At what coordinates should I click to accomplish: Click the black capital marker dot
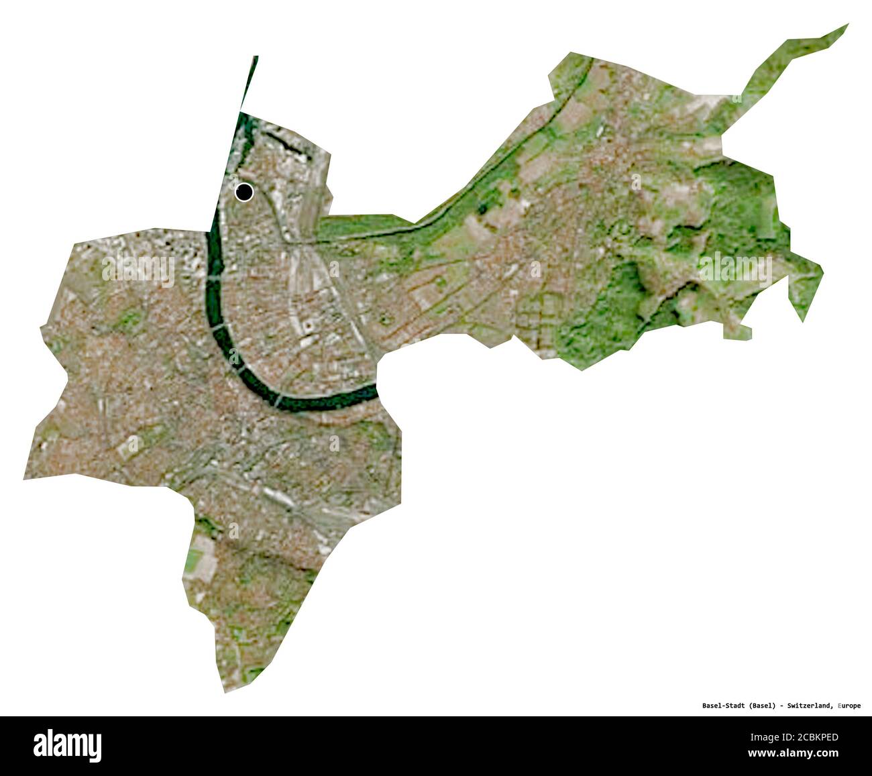(x=244, y=192)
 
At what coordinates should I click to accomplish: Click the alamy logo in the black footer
(x=67, y=745)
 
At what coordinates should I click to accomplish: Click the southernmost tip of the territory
(x=225, y=691)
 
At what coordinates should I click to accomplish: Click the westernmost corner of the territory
(x=25, y=479)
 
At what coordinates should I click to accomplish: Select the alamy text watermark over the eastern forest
(x=734, y=268)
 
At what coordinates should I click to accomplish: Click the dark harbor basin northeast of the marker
(x=285, y=142)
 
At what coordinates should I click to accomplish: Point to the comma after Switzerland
(x=834, y=707)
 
